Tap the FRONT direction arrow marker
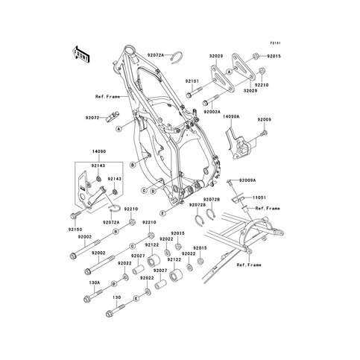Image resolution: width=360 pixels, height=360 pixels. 80,54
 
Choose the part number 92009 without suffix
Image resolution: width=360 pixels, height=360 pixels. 265,119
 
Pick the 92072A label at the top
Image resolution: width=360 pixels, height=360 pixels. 157,55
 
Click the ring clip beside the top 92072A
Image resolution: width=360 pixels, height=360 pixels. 177,56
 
